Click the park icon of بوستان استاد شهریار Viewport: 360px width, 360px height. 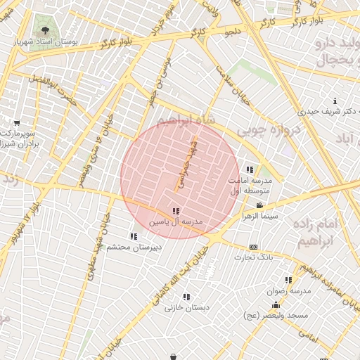[46, 30]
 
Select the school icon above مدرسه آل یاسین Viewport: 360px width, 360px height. [175, 211]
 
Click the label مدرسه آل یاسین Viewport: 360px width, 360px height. [175, 221]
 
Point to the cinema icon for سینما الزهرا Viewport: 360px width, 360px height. [260, 205]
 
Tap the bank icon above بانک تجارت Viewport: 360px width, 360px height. [254, 247]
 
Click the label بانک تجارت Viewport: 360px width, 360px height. [254, 257]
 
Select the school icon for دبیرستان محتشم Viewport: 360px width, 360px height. [134, 236]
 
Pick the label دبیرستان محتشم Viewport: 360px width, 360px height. [134, 247]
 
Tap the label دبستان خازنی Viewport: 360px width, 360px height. [184, 308]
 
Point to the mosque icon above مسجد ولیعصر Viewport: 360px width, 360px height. [276, 305]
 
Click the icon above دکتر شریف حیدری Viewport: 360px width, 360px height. [335, 101]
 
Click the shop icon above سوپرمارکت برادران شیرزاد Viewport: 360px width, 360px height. [17, 122]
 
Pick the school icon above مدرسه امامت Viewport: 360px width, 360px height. [250, 169]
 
